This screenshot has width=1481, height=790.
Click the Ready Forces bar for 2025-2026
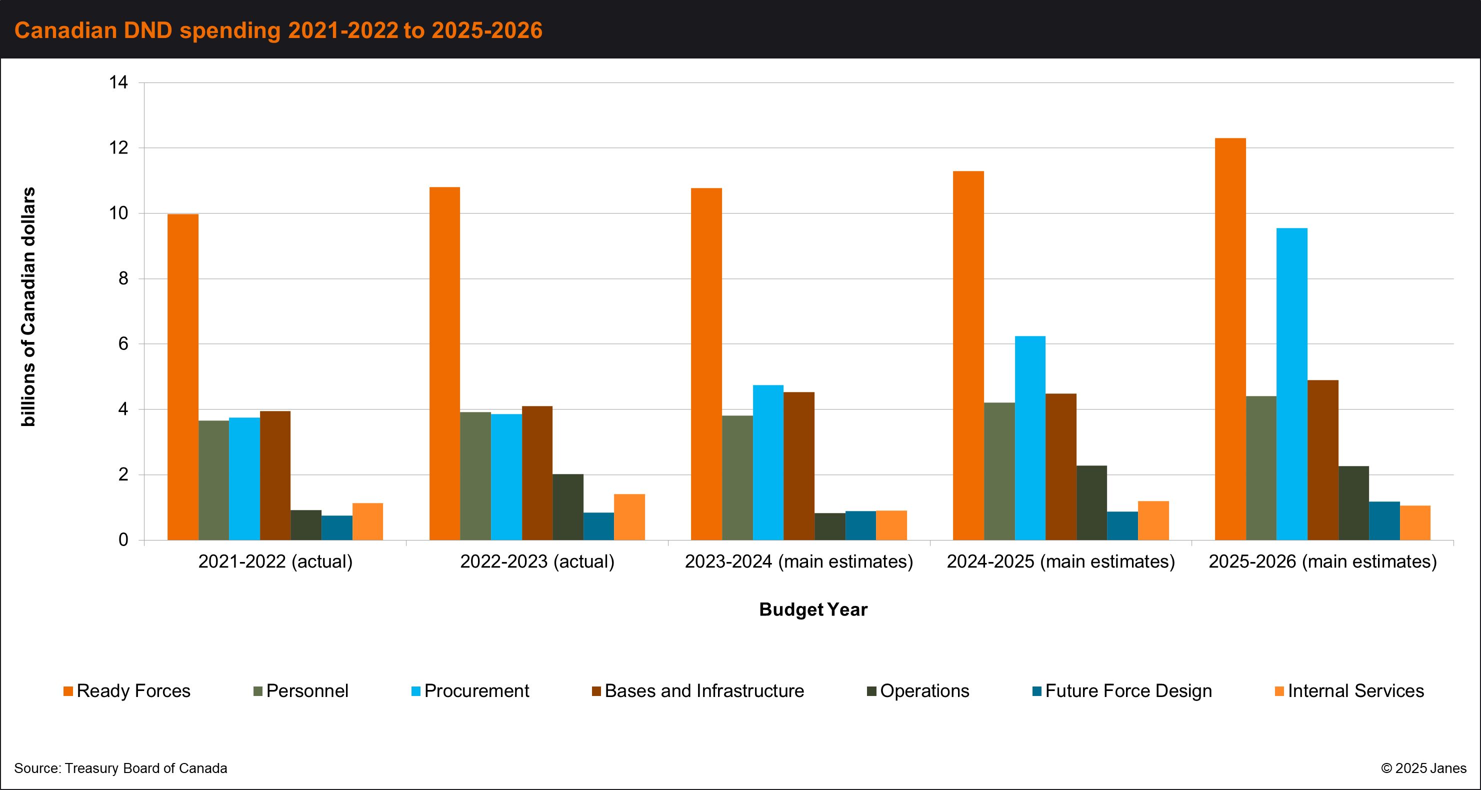pyautogui.click(x=1230, y=339)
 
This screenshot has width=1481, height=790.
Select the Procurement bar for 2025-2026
pyautogui.click(x=1292, y=384)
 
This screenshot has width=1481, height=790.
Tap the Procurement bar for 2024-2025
pyautogui.click(x=1030, y=438)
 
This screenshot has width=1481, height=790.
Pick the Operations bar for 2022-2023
pyautogui.click(x=568, y=507)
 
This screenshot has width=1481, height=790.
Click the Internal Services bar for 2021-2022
pyautogui.click(x=368, y=521)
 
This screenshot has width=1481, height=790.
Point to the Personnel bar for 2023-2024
pyautogui.click(x=737, y=478)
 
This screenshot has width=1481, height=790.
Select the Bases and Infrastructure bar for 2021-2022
pyautogui.click(x=275, y=475)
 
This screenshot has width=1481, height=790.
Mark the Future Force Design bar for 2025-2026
pyautogui.click(x=1384, y=521)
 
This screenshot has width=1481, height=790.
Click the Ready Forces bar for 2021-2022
pyautogui.click(x=183, y=377)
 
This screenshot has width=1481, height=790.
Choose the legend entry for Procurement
pyautogui.click(x=470, y=690)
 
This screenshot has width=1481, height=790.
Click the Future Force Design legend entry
pyautogui.click(x=1122, y=690)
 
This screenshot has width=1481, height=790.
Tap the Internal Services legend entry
pyautogui.click(x=1349, y=690)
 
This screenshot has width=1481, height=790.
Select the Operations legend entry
pyautogui.click(x=918, y=690)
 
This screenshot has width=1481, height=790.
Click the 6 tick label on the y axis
pyautogui.click(x=123, y=344)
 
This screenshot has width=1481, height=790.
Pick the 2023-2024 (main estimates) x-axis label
pyautogui.click(x=799, y=561)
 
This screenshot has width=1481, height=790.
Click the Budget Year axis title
pyautogui.click(x=813, y=609)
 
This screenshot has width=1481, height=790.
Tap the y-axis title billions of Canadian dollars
pyautogui.click(x=27, y=306)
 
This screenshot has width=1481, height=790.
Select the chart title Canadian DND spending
pyautogui.click(x=278, y=30)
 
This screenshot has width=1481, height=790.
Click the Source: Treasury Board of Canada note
pyautogui.click(x=120, y=768)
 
